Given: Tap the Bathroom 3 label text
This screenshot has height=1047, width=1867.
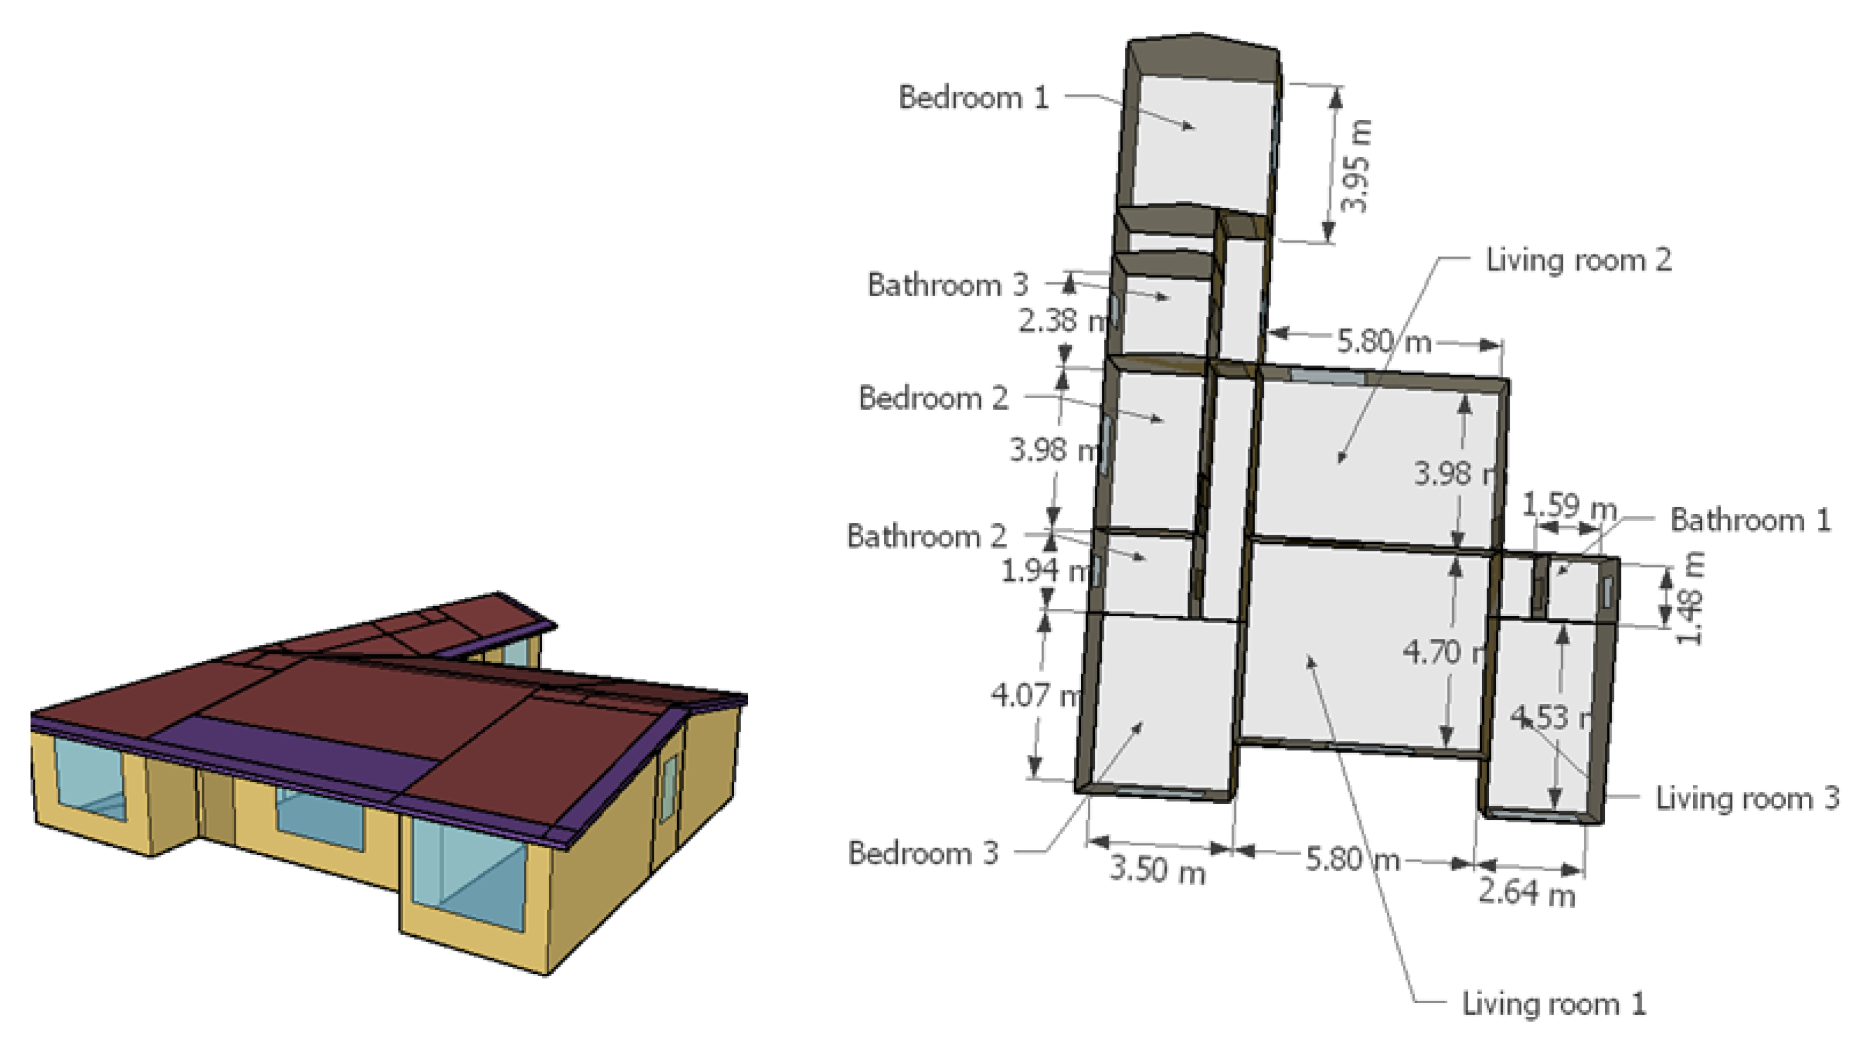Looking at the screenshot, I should pyautogui.click(x=947, y=285).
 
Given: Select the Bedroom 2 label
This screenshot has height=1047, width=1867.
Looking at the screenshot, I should pyautogui.click(x=933, y=398).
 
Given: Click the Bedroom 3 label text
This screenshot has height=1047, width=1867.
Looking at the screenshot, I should pyautogui.click(x=923, y=853).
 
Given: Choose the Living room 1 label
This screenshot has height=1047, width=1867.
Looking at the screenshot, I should pyautogui.click(x=1553, y=1004).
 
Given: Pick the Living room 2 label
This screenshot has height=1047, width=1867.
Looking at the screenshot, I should pyautogui.click(x=1578, y=260).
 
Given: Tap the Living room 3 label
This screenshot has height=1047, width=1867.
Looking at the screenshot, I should pyautogui.click(x=1747, y=797).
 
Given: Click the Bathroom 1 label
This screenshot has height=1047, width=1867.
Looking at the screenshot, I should pyautogui.click(x=1749, y=520).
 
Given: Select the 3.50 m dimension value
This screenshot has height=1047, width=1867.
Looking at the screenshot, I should pyautogui.click(x=1158, y=870).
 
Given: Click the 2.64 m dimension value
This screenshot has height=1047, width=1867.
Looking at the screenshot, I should pyautogui.click(x=1526, y=893).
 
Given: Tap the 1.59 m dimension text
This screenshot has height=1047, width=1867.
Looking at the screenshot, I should pyautogui.click(x=1569, y=506).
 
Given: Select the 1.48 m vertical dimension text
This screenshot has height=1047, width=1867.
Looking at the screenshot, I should pyautogui.click(x=1691, y=598).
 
